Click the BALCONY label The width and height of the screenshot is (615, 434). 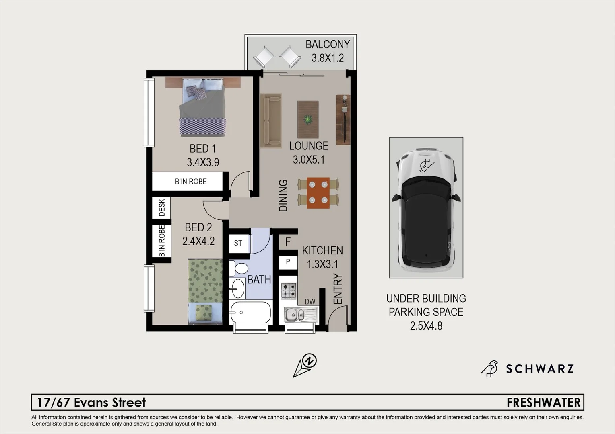[x=327, y=44]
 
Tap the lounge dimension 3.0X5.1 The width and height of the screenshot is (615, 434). [x=308, y=160]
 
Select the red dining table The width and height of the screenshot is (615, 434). [x=318, y=193]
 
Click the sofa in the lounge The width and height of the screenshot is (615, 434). [x=270, y=121]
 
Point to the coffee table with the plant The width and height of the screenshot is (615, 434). [x=308, y=119]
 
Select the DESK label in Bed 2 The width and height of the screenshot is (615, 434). [x=161, y=208]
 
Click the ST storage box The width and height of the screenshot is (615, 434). [x=238, y=243]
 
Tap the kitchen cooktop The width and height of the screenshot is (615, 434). [x=288, y=291]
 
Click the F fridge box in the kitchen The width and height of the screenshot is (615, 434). [x=288, y=242]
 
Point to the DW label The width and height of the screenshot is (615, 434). [x=310, y=302]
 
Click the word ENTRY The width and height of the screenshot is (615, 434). [x=338, y=289]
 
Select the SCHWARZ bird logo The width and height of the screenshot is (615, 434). [x=489, y=368]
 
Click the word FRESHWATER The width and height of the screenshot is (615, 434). [x=543, y=402]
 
